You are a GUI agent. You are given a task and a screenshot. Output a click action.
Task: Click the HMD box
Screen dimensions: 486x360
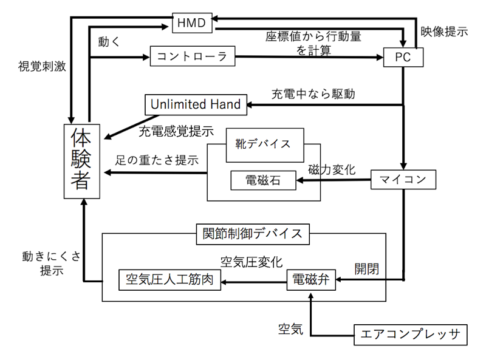pos(192,23)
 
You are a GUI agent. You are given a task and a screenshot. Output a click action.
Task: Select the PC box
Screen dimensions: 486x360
pos(403,57)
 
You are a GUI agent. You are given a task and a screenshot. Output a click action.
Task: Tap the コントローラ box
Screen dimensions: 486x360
pos(193,56)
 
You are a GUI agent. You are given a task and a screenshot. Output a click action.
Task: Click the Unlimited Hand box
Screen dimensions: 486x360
pos(196,104)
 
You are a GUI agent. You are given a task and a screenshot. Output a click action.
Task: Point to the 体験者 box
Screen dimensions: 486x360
pos(82,161)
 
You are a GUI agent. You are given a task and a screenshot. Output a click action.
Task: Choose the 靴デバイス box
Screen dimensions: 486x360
pos(265,145)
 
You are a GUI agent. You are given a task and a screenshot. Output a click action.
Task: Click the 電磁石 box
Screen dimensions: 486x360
pos(264,180)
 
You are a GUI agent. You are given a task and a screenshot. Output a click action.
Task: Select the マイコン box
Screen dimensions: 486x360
pos(403,179)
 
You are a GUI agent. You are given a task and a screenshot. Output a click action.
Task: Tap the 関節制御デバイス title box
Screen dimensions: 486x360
pos(253,234)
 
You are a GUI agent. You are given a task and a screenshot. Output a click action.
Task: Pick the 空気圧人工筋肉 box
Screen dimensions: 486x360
pos(170,280)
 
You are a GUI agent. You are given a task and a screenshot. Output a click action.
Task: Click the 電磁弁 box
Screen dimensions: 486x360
pos(311,280)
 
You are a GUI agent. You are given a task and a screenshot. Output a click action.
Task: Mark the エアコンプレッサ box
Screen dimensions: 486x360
pos(411,335)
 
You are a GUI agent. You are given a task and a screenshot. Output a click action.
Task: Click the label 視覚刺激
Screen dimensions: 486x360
pos(42,66)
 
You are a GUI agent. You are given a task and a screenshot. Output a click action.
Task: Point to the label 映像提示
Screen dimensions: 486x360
pos(444,32)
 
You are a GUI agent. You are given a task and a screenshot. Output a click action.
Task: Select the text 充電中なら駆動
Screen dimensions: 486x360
pos(313,94)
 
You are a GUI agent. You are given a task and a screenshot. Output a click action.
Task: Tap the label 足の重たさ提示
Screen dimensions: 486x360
pos(157,160)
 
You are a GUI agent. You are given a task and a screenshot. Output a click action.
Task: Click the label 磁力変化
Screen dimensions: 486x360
pos(332,169)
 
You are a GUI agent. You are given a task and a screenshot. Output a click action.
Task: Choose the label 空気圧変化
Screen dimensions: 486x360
pos(252,262)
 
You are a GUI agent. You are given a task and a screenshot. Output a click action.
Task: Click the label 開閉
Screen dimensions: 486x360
pos(367,269)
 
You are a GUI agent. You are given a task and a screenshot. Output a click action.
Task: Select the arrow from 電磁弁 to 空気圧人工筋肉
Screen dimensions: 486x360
pos(254,282)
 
